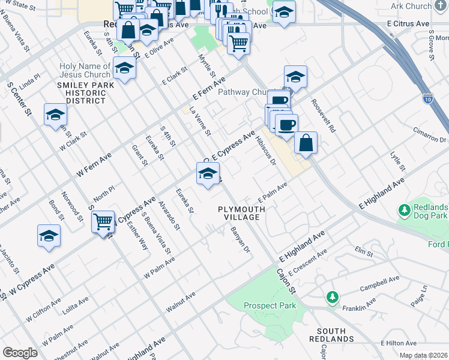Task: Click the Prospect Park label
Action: click(x=270, y=305)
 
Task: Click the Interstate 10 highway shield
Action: click(x=427, y=97)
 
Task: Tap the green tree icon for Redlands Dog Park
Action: click(x=404, y=211)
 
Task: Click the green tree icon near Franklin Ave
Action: click(x=331, y=297)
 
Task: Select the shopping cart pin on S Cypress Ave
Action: click(x=103, y=221)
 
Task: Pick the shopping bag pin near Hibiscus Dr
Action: click(x=306, y=143)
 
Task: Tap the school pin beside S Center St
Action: click(x=55, y=115)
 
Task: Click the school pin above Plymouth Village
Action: click(x=208, y=174)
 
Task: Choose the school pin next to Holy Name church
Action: click(x=124, y=68)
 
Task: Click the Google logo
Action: click(x=20, y=353)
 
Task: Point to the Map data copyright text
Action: click(x=424, y=355)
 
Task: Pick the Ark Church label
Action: click(x=427, y=6)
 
